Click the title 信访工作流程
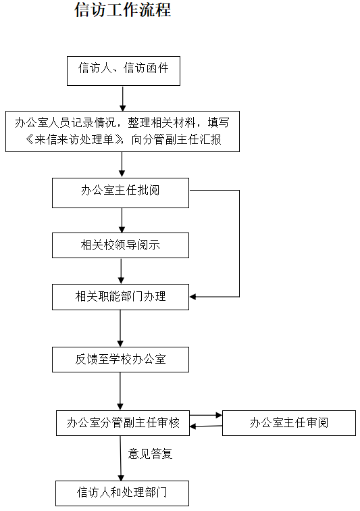tap(123, 9)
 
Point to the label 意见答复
tap(150, 454)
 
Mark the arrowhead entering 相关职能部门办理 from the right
tap(192, 297)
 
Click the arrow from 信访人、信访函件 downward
tap(123, 99)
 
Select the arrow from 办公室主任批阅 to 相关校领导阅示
tap(122, 220)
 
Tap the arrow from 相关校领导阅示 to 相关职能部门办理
tap(121, 271)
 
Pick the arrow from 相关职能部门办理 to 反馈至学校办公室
tap(120, 328)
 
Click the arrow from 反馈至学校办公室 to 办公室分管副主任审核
tap(120, 391)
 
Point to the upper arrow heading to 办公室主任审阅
tap(206, 415)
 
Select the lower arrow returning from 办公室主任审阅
tap(206, 427)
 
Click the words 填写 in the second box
tap(219, 123)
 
